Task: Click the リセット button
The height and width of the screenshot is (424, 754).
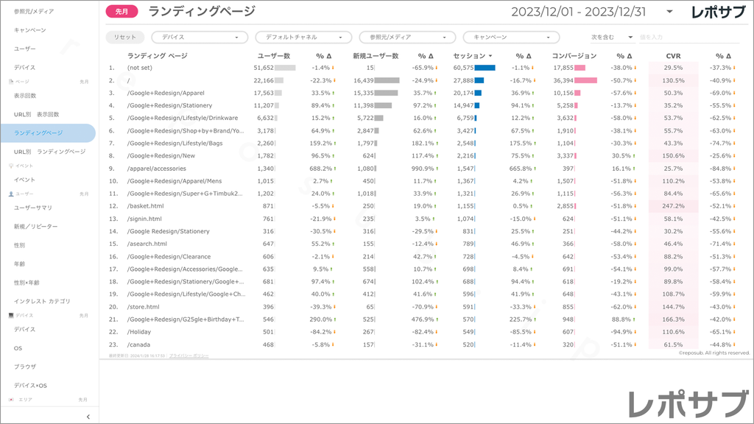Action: click(x=125, y=37)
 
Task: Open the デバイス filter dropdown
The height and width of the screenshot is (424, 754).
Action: click(x=200, y=37)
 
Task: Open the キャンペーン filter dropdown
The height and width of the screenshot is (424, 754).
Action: click(x=511, y=37)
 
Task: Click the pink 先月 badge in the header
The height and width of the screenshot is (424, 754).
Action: click(x=121, y=11)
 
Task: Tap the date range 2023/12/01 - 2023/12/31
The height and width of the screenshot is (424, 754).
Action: click(x=578, y=11)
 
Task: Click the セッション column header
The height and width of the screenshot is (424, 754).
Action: click(x=468, y=55)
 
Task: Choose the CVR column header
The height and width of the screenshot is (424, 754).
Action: click(x=673, y=55)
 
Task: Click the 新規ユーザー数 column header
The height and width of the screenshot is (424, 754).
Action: click(x=376, y=55)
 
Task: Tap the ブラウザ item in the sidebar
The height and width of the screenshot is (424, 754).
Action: click(x=25, y=367)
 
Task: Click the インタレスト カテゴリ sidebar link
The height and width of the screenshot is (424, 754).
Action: click(x=43, y=301)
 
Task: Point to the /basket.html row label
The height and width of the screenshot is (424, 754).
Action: click(x=145, y=206)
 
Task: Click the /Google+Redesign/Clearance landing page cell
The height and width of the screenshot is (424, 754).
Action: click(x=169, y=256)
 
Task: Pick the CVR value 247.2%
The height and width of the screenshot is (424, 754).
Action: click(x=673, y=206)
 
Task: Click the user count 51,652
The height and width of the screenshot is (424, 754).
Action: click(x=264, y=68)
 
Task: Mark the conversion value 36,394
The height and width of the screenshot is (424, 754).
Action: click(x=563, y=80)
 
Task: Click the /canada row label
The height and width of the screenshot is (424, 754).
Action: click(x=138, y=344)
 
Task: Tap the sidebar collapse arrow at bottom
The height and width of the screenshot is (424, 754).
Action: click(x=88, y=417)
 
